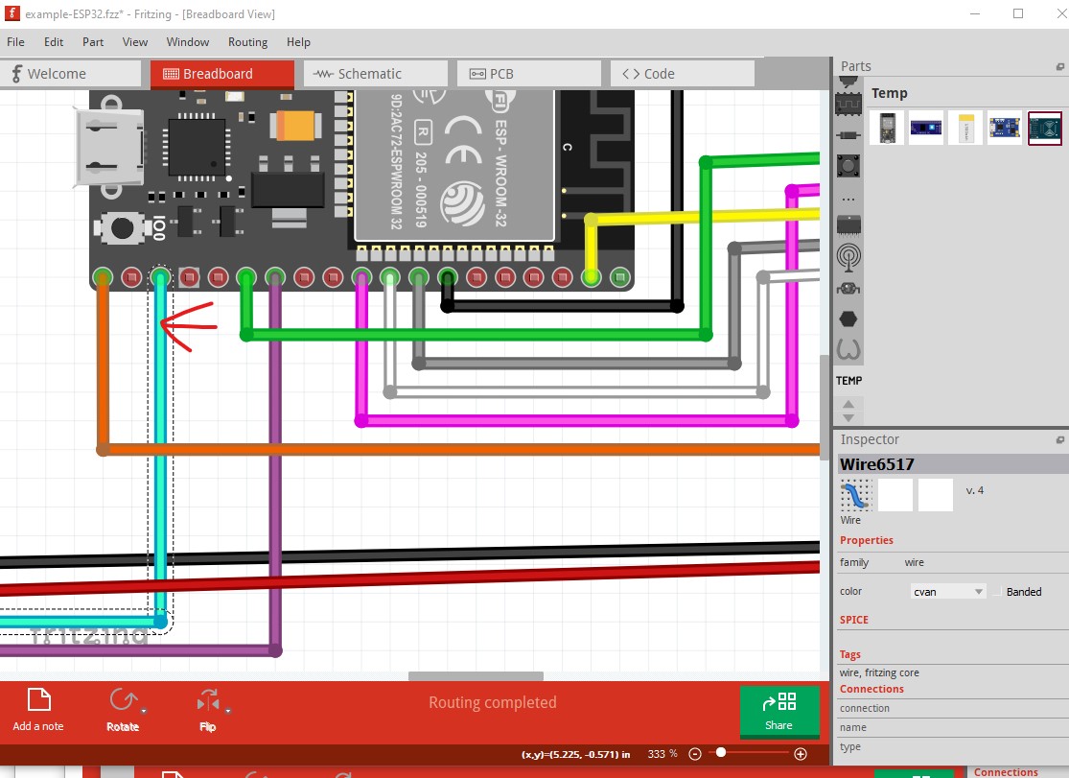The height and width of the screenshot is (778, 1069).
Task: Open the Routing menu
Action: [247, 42]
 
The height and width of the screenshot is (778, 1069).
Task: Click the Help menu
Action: [298, 42]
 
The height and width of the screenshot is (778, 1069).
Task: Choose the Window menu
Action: [188, 42]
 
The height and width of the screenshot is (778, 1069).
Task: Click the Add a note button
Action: [38, 710]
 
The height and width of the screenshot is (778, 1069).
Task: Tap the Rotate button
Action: [123, 710]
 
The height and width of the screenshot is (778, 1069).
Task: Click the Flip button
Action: [207, 710]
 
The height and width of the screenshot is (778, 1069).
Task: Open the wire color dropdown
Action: [947, 592]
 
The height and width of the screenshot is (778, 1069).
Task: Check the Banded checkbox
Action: [998, 592]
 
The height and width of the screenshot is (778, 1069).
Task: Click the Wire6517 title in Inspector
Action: [877, 464]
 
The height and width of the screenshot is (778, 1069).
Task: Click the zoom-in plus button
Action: [801, 754]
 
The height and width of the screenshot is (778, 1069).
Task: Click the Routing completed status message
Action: [492, 702]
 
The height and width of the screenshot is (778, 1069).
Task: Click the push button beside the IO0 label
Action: [122, 227]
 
